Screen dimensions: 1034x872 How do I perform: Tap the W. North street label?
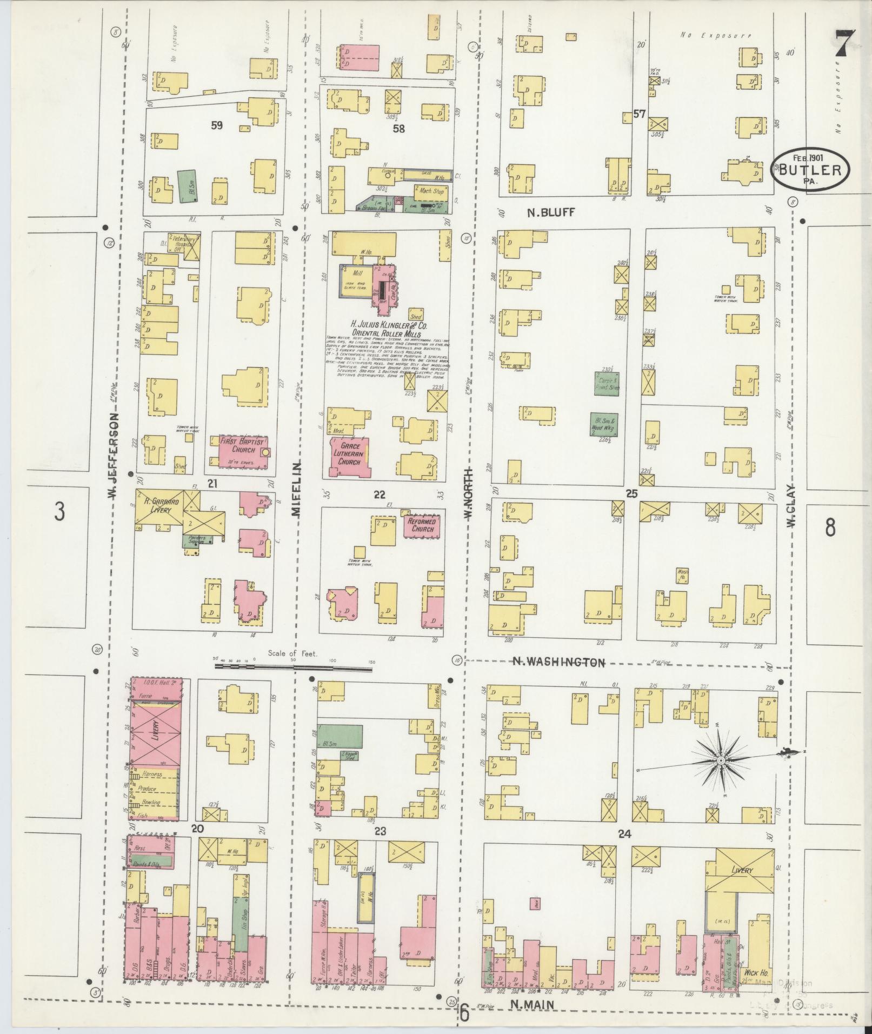point(468,493)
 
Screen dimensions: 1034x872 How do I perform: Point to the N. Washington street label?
point(558,662)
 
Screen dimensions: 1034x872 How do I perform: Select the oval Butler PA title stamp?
point(810,169)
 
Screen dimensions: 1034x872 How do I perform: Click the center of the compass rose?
point(721,761)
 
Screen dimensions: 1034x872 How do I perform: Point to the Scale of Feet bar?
point(294,667)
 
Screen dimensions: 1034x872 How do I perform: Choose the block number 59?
point(217,125)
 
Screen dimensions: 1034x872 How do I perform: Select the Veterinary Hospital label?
point(182,241)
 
